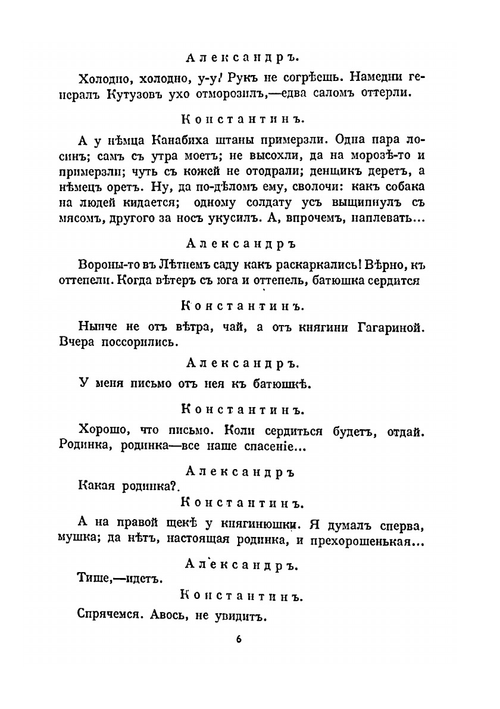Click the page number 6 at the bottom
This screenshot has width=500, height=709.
(238, 640)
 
